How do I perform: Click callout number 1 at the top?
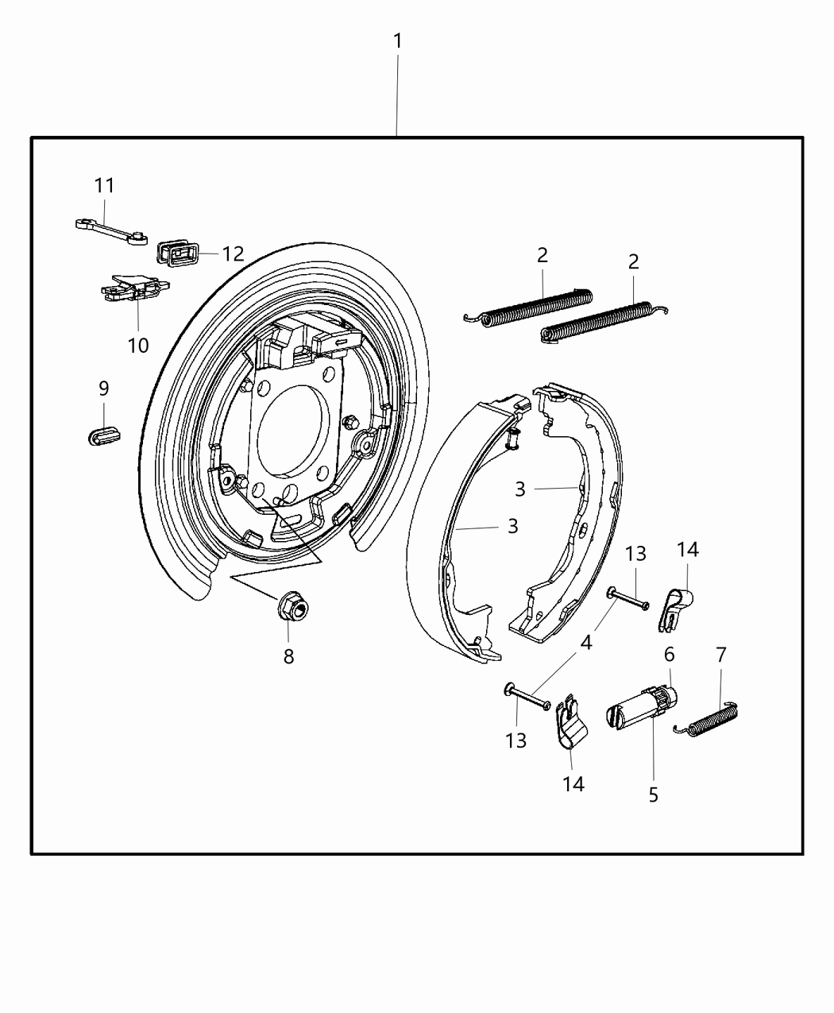(397, 41)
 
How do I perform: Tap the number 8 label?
(288, 656)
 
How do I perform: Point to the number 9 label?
(103, 389)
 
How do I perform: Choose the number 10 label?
(138, 346)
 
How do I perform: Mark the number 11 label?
(105, 186)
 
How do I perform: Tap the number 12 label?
(233, 254)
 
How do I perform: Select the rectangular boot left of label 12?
(179, 253)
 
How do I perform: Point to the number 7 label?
(720, 655)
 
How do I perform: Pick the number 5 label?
(653, 795)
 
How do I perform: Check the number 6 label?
(669, 655)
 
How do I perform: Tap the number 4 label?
(585, 642)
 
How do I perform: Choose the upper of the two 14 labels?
(687, 550)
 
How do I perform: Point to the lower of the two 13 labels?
(515, 740)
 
